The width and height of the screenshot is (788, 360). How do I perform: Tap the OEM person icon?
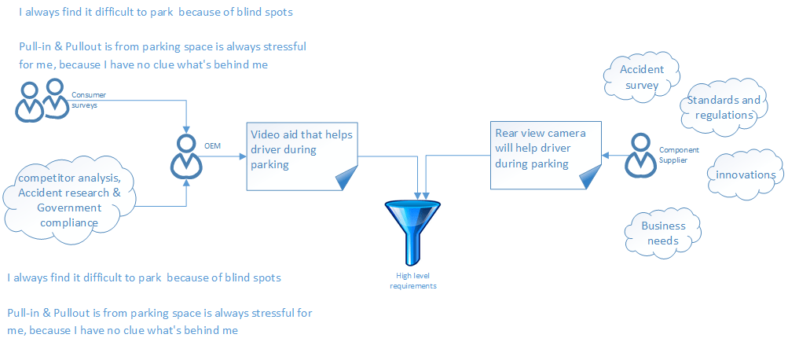pyautogui.click(x=186, y=156)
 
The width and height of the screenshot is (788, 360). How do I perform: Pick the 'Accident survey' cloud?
pyautogui.click(x=641, y=76)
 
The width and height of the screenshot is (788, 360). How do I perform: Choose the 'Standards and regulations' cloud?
pyautogui.click(x=723, y=107)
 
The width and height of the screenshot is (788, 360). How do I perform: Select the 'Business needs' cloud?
pyautogui.click(x=663, y=233)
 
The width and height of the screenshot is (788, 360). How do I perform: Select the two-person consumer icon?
pyautogui.click(x=42, y=100)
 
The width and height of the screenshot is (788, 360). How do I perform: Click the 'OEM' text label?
pyautogui.click(x=212, y=146)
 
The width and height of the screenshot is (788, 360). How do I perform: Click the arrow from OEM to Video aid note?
pyautogui.click(x=224, y=156)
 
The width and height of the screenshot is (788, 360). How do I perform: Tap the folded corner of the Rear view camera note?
pyautogui.click(x=587, y=180)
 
